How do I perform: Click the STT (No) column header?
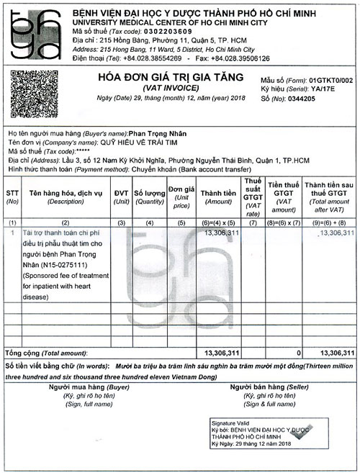tap(13, 197)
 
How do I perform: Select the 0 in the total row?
tap(298, 353)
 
